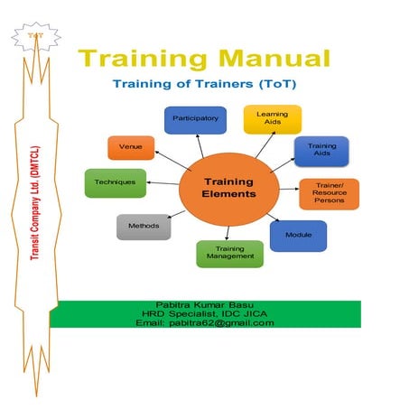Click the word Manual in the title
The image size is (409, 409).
click(x=270, y=60)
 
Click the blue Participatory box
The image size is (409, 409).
click(x=193, y=118)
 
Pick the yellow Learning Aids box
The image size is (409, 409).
click(x=272, y=118)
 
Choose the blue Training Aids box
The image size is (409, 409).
click(x=322, y=149)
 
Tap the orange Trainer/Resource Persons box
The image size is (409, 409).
click(x=329, y=194)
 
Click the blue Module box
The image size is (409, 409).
click(x=299, y=234)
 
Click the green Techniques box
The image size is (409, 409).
click(x=116, y=182)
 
